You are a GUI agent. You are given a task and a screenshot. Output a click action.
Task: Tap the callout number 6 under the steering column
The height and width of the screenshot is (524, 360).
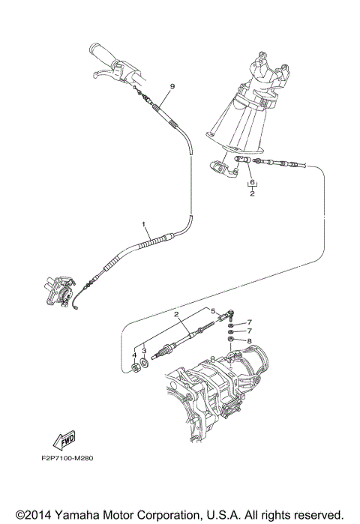pyautogui.click(x=253, y=183)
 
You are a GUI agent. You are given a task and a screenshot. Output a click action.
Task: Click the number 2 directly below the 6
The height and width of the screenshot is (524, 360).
pyautogui.click(x=253, y=193)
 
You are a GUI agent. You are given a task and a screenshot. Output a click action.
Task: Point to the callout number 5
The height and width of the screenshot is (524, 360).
pyautogui.click(x=212, y=310)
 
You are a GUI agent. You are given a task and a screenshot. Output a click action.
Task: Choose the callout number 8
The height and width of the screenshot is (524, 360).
pyautogui.click(x=250, y=340)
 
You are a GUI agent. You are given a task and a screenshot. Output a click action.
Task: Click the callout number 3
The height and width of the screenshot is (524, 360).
pyautogui.click(x=143, y=349)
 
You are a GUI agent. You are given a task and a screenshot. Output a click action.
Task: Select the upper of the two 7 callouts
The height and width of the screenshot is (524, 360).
pyautogui.click(x=250, y=322)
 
